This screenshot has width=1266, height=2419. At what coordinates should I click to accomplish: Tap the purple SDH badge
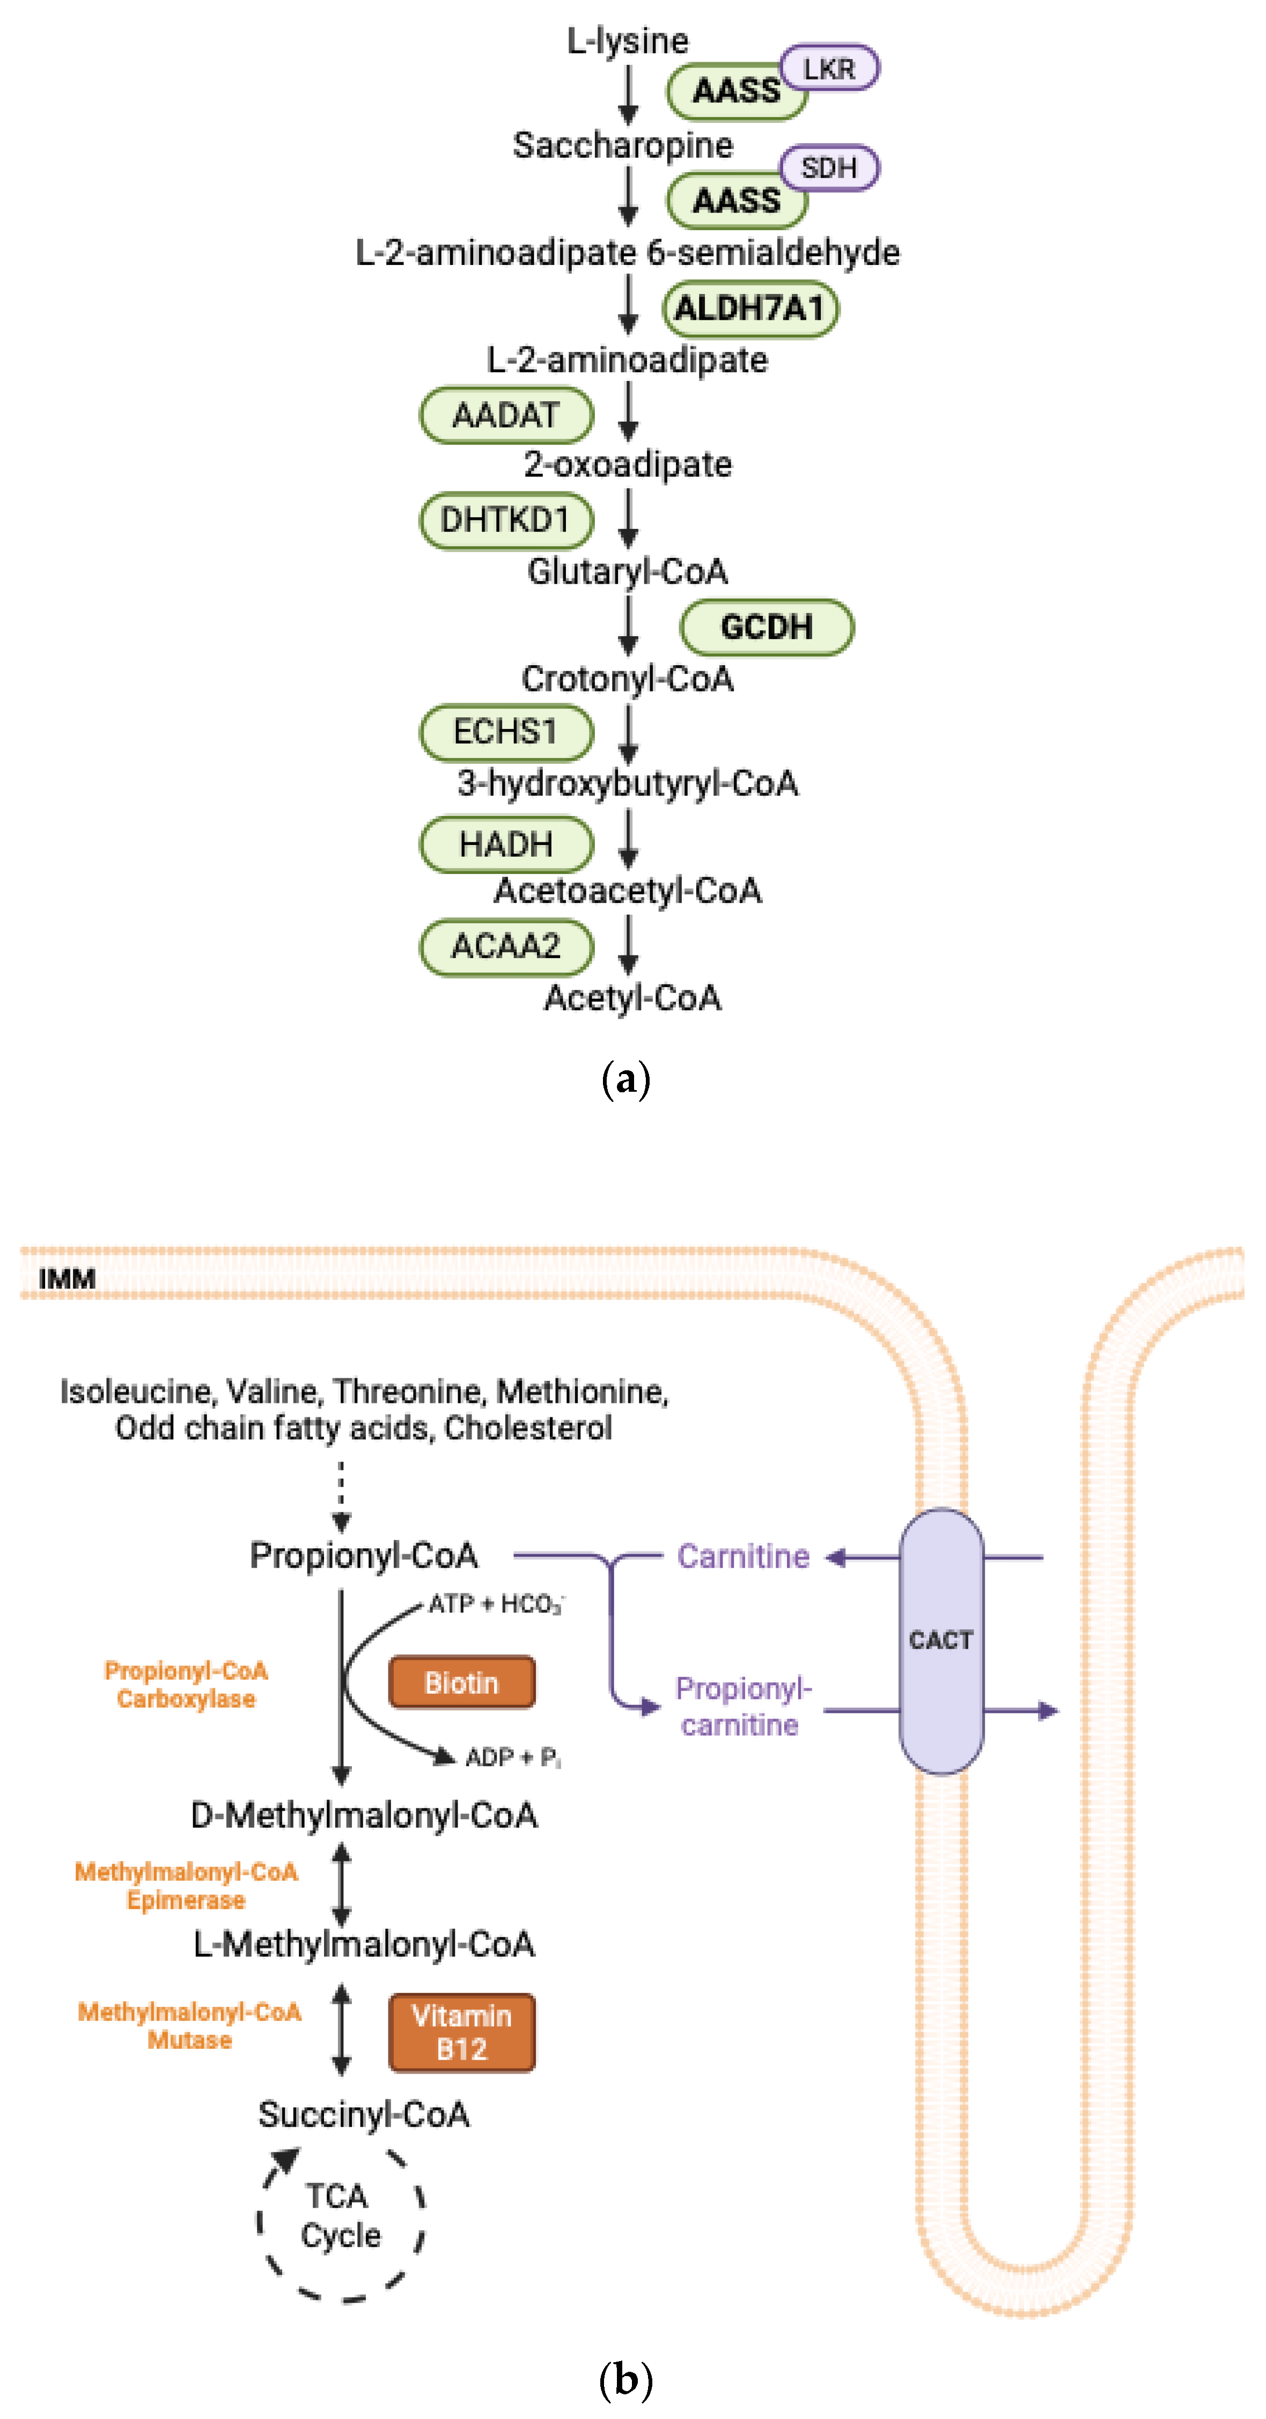point(829,168)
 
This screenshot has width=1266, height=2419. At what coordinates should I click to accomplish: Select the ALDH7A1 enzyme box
point(749,308)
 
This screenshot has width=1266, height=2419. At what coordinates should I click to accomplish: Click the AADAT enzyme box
point(506,415)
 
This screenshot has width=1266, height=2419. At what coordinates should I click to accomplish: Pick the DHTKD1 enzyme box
point(506,520)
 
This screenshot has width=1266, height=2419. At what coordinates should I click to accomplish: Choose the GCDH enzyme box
point(767,627)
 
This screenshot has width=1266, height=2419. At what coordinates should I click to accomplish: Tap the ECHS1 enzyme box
point(506,732)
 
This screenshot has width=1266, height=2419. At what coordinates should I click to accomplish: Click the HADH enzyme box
point(506,844)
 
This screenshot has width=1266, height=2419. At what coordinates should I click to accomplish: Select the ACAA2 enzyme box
point(506,946)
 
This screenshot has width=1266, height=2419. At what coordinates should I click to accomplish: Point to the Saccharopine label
point(623,145)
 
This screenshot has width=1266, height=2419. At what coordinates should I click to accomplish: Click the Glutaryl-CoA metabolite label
point(627,571)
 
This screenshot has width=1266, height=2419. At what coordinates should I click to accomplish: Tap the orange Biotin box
point(461,1683)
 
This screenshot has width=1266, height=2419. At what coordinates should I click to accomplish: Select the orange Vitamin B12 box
point(461,2032)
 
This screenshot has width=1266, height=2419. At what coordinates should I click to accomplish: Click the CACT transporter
point(941,1641)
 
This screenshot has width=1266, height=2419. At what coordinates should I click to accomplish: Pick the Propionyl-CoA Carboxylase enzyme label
point(186,1685)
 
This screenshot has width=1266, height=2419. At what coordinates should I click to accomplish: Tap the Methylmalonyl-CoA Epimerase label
point(186,1886)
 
